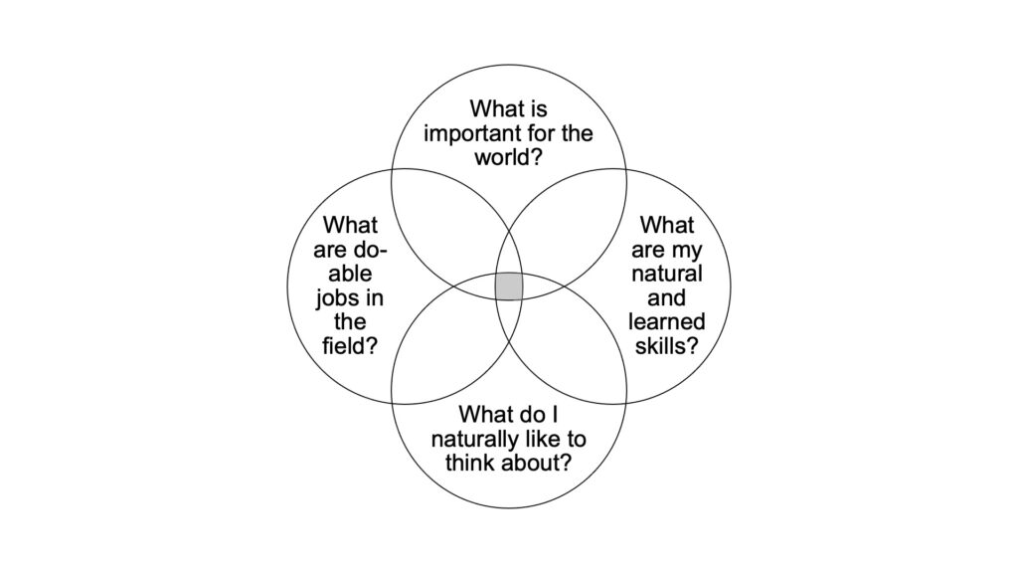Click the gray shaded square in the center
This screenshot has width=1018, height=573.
pos(509,286)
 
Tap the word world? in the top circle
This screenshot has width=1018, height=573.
pos(508,157)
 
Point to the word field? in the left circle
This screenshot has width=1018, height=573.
pos(350,345)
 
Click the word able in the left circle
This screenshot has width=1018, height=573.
pos(350,274)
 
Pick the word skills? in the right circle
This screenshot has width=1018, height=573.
pos(667,345)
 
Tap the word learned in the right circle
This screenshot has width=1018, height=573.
pos(667,321)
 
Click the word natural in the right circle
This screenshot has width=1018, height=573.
pos(667,274)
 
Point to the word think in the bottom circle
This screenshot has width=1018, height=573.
pos(468,463)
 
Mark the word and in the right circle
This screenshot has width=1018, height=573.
pos(667,297)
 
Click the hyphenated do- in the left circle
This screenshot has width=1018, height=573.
pos(371,250)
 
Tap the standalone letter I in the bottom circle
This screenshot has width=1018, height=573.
pos(554,415)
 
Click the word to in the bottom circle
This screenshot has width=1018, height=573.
pos(577,440)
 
